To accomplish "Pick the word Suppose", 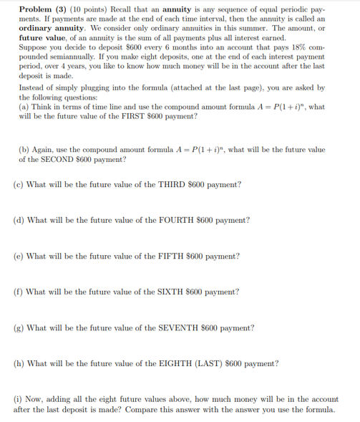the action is [x=33, y=54].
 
